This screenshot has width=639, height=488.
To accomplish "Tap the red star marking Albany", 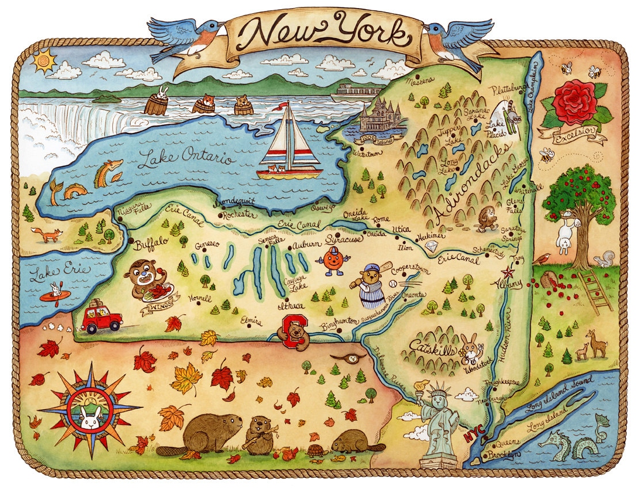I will tap(508, 272).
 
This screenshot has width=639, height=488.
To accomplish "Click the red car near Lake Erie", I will tap(102, 319).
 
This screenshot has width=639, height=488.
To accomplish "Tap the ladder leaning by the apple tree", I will tap(595, 291).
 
